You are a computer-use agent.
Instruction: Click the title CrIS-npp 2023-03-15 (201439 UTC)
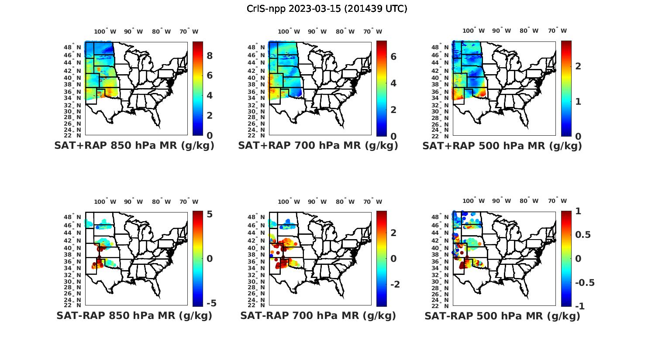(x=327, y=9)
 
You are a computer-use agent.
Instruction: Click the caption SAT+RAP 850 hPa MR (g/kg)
(x=134, y=146)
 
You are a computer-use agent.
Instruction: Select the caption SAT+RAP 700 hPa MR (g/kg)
(x=318, y=146)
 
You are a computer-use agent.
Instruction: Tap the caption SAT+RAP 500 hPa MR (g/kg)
(x=502, y=146)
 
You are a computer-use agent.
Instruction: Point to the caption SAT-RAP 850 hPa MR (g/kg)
(x=134, y=315)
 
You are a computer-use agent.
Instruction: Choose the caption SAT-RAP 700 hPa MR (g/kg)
(x=318, y=315)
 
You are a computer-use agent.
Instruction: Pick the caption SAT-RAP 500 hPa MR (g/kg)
(x=502, y=316)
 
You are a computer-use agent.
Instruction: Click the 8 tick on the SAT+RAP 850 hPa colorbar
(x=210, y=55)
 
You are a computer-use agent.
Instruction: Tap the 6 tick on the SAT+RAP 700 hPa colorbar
(x=393, y=56)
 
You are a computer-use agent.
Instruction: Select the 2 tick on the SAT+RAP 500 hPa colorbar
(x=578, y=66)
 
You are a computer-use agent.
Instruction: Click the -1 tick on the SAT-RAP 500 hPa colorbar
(x=580, y=306)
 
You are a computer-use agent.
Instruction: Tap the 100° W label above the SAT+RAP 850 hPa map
(x=105, y=31)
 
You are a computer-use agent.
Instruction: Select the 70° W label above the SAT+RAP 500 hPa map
(x=557, y=31)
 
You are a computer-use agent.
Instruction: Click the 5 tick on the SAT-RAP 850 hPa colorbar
(x=210, y=214)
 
